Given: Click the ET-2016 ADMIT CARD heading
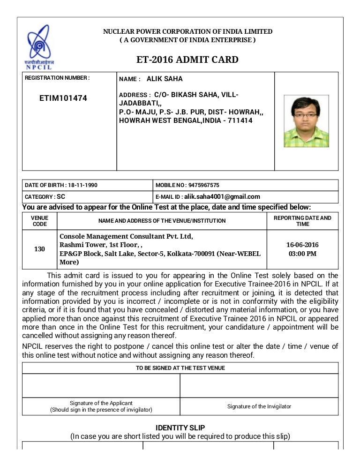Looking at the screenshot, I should tap(187, 60).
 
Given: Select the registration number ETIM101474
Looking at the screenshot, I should tap(63, 98).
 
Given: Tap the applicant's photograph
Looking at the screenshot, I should tap(306, 121).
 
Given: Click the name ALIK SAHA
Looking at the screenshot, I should tap(165, 79).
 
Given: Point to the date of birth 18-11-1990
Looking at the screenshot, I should tap(82, 185).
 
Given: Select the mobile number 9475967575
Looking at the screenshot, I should tap(203, 185).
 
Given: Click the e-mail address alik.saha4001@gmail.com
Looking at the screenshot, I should tap(222, 197).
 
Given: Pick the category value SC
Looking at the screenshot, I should tap(61, 197).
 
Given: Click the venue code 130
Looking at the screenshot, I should tap(39, 249).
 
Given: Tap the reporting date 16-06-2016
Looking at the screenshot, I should tap(302, 245).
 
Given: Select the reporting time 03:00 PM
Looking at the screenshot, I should tap(302, 254).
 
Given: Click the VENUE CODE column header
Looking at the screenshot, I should tap(39, 221).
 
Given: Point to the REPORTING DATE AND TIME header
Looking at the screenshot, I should tap(302, 221).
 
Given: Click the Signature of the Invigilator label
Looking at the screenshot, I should tap(259, 406).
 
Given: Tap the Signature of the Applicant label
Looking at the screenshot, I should tap(101, 403).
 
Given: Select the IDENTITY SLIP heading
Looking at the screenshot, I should tap(180, 428).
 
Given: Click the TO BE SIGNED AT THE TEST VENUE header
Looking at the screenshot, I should tap(180, 368).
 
